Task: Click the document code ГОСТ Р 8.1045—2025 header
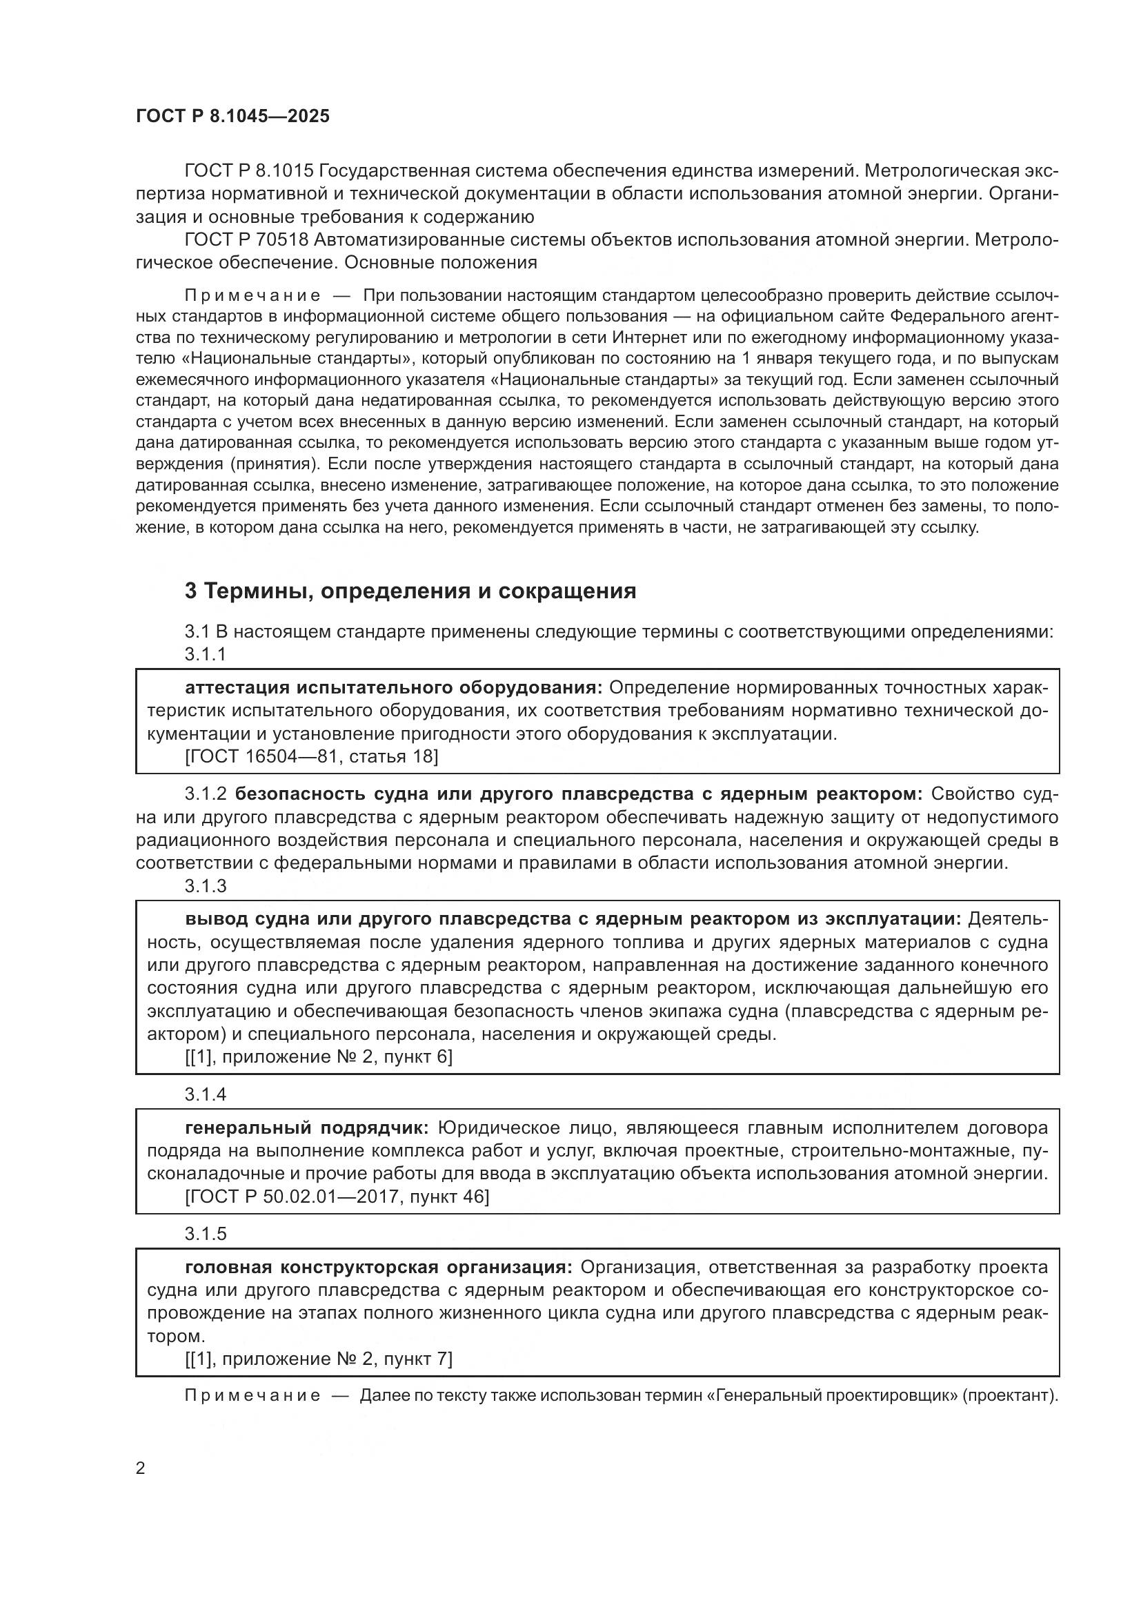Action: point(232,116)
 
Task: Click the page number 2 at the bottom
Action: point(141,1468)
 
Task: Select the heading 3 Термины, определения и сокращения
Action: point(410,591)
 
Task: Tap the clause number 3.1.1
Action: point(205,654)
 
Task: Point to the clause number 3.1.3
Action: point(205,887)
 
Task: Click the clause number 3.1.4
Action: point(205,1094)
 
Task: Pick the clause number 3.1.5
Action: point(205,1234)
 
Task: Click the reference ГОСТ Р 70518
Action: point(246,239)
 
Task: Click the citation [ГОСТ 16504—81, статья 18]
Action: point(311,756)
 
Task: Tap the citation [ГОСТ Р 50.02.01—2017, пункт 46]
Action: point(337,1197)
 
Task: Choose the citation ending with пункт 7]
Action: point(318,1359)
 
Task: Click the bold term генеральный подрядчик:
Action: point(306,1128)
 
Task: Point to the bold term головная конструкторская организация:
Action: point(379,1268)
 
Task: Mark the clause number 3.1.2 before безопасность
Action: point(205,794)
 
